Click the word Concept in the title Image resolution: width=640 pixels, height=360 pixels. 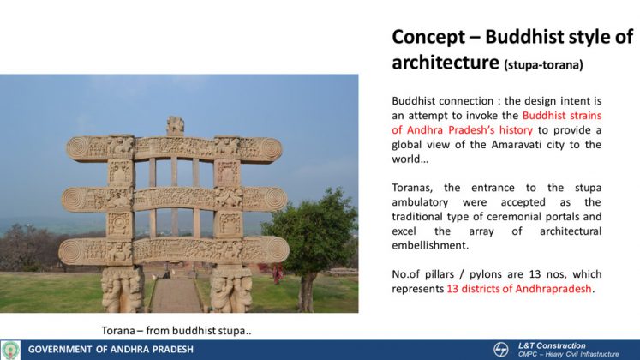(x=428, y=38)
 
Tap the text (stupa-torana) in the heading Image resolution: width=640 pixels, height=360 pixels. (x=544, y=65)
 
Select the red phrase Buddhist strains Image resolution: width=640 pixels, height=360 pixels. (x=562, y=116)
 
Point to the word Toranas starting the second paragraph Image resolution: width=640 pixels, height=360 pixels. (x=411, y=188)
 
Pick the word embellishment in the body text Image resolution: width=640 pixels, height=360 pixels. (x=430, y=245)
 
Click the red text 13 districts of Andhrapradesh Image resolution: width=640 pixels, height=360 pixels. (x=519, y=289)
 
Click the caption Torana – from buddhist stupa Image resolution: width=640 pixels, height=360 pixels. (x=176, y=331)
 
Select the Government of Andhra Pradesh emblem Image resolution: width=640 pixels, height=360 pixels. (x=10, y=351)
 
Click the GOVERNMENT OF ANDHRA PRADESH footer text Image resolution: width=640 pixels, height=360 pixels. (x=111, y=350)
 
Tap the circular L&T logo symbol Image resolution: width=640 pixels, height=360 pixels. (x=501, y=350)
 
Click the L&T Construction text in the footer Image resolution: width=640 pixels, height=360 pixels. (x=552, y=345)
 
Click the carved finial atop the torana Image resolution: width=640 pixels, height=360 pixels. (x=175, y=126)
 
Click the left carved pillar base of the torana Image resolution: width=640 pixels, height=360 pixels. (x=122, y=289)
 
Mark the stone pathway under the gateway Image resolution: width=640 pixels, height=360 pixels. (x=176, y=295)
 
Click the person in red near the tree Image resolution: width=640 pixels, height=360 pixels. (x=278, y=273)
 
